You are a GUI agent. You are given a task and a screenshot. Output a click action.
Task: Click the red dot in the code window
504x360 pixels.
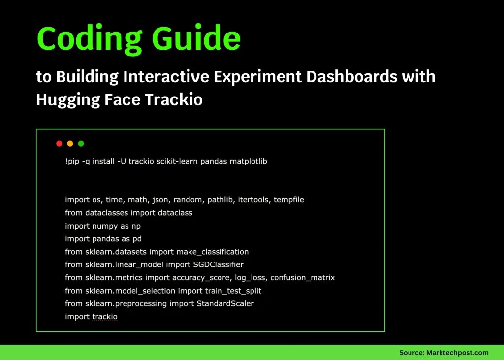(59, 144)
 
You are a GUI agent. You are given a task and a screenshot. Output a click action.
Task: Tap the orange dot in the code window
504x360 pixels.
(70, 144)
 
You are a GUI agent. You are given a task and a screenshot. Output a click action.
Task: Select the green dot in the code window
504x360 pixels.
(81, 144)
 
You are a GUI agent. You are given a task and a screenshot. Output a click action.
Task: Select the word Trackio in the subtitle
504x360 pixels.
(174, 99)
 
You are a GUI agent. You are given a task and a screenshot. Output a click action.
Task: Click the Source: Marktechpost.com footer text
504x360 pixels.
(443, 352)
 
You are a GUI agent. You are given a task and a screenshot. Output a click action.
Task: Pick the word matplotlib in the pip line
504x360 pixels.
(249, 161)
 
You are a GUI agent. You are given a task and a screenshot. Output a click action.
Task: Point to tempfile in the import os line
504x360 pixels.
(289, 200)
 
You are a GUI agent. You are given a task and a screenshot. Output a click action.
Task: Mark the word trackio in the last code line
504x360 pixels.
(105, 316)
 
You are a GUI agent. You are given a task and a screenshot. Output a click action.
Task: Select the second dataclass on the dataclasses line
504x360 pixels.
(175, 213)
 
